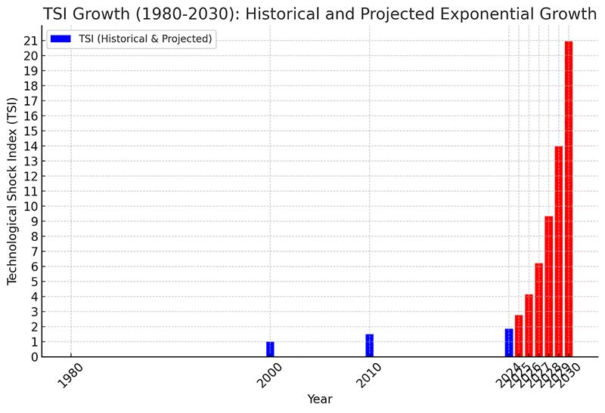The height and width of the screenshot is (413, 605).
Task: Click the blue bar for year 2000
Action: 270,350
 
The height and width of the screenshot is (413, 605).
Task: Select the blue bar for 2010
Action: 369,346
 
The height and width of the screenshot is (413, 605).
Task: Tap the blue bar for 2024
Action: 509,343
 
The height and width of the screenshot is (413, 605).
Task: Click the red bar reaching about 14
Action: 559,251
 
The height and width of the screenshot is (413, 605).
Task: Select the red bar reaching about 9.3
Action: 549,287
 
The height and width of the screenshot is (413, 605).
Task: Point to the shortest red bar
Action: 519,336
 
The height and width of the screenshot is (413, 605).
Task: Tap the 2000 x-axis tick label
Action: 270,374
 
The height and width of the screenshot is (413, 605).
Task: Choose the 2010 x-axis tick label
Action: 368,374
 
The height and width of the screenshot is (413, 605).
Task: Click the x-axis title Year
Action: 319,399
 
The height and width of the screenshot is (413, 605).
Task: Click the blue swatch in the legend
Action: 62,39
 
